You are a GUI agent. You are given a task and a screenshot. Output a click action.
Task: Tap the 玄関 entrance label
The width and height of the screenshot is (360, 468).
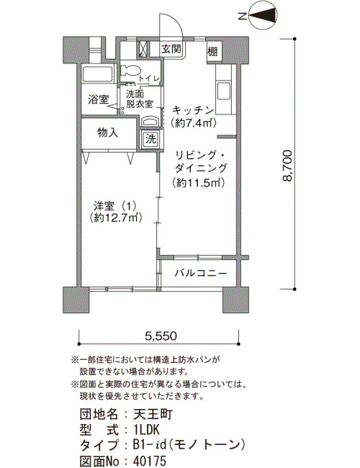(171, 49)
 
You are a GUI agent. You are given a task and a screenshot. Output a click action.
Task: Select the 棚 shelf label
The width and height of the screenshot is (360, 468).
(212, 51)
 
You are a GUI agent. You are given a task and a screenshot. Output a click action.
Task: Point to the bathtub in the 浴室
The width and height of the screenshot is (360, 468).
(97, 73)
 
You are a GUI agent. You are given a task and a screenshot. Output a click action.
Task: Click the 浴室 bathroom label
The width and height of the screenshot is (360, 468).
(98, 99)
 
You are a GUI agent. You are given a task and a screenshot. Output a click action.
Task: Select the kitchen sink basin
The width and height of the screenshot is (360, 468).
(224, 91)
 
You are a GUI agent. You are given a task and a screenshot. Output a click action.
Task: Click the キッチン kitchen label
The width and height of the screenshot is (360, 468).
(193, 110)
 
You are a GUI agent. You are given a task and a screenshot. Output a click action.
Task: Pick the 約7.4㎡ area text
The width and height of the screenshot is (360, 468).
(193, 122)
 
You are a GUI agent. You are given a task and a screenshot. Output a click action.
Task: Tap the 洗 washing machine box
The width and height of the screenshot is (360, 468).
(150, 138)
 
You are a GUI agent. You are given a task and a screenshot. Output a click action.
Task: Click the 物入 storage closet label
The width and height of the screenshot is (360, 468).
(108, 132)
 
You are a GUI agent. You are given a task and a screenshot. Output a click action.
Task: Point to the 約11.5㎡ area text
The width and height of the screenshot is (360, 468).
(198, 182)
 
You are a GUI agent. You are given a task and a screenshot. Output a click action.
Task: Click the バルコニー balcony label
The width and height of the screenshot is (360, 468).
(201, 273)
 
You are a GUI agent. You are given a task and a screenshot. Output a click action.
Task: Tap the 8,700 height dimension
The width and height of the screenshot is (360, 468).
(287, 166)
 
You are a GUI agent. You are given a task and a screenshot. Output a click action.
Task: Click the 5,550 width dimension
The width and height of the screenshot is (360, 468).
(161, 336)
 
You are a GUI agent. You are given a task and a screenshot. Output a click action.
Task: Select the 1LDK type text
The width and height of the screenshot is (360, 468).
(147, 430)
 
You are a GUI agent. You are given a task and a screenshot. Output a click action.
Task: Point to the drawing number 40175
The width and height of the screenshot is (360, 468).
(150, 460)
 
